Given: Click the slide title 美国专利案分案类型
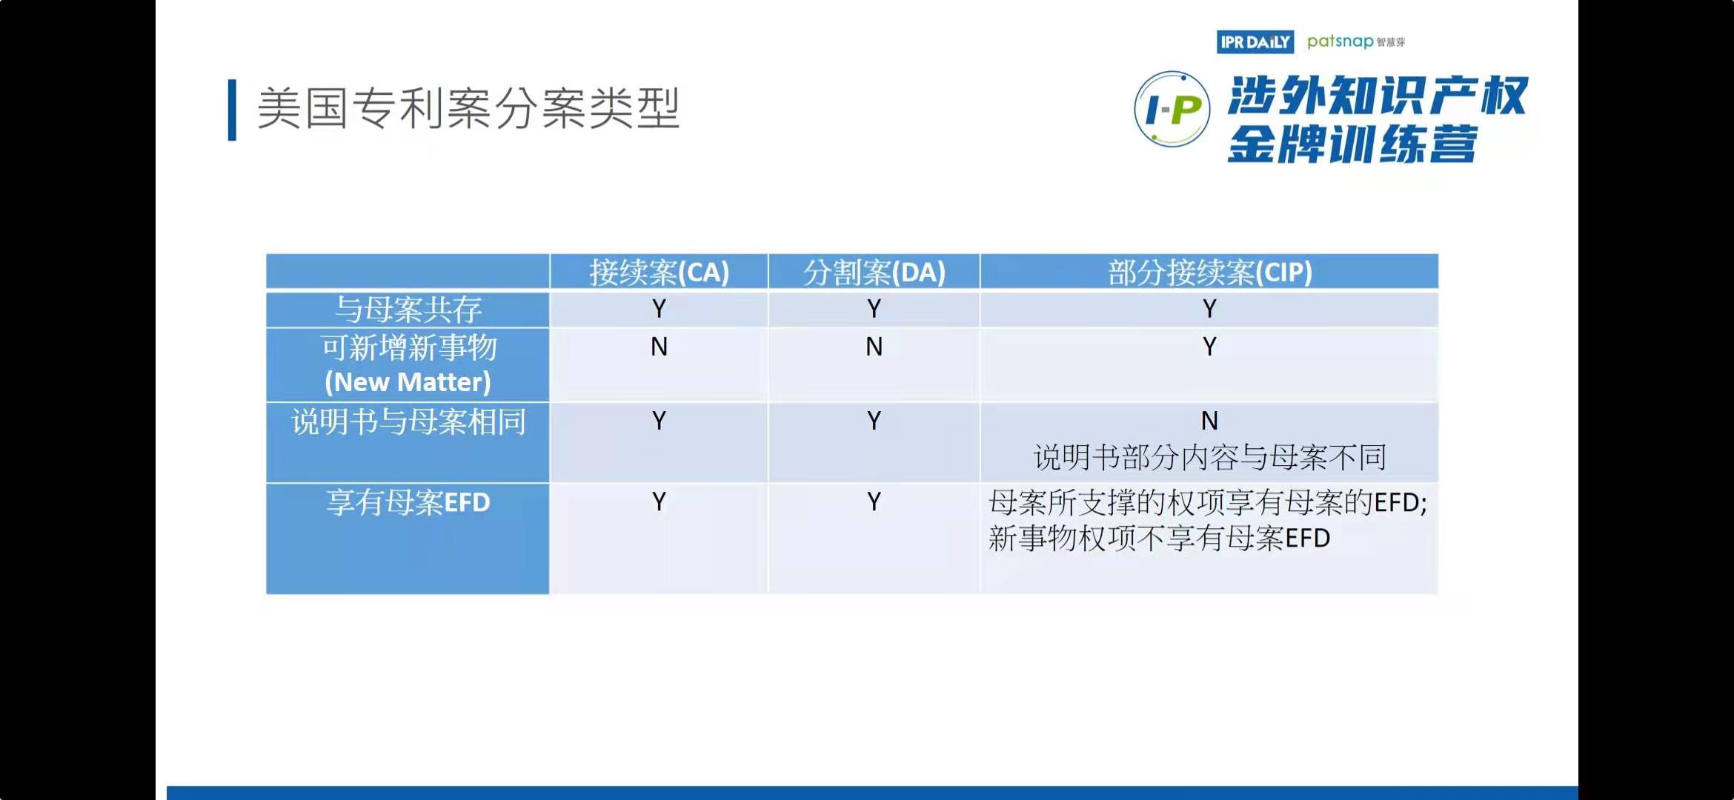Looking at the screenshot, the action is [x=468, y=108].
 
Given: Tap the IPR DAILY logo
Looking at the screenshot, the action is [x=1255, y=42].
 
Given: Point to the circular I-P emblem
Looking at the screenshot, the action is [x=1172, y=110].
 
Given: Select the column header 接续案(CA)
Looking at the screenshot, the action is [x=659, y=273].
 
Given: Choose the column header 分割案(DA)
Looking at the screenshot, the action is [x=874, y=273].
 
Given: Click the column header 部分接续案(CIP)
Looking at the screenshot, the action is [x=1209, y=273].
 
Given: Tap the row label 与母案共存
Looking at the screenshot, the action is [x=408, y=310].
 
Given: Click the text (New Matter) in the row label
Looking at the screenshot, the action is [x=408, y=382].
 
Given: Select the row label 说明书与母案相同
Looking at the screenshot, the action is [x=408, y=421].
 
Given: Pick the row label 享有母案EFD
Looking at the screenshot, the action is [x=408, y=503].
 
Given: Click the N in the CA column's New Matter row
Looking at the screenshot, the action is [x=659, y=347].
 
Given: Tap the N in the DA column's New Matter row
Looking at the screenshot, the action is [x=874, y=347].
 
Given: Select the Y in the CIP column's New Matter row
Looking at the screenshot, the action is [x=1209, y=347].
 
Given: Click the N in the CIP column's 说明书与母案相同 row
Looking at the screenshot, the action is [x=1209, y=421].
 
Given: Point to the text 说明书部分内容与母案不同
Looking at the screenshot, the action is [x=1209, y=458].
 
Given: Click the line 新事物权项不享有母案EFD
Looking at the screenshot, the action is [x=1159, y=539].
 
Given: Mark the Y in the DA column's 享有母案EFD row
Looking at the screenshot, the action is [x=874, y=502].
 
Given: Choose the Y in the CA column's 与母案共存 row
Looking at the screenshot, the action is [x=659, y=309].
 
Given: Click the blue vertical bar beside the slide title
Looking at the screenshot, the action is [x=232, y=110].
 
